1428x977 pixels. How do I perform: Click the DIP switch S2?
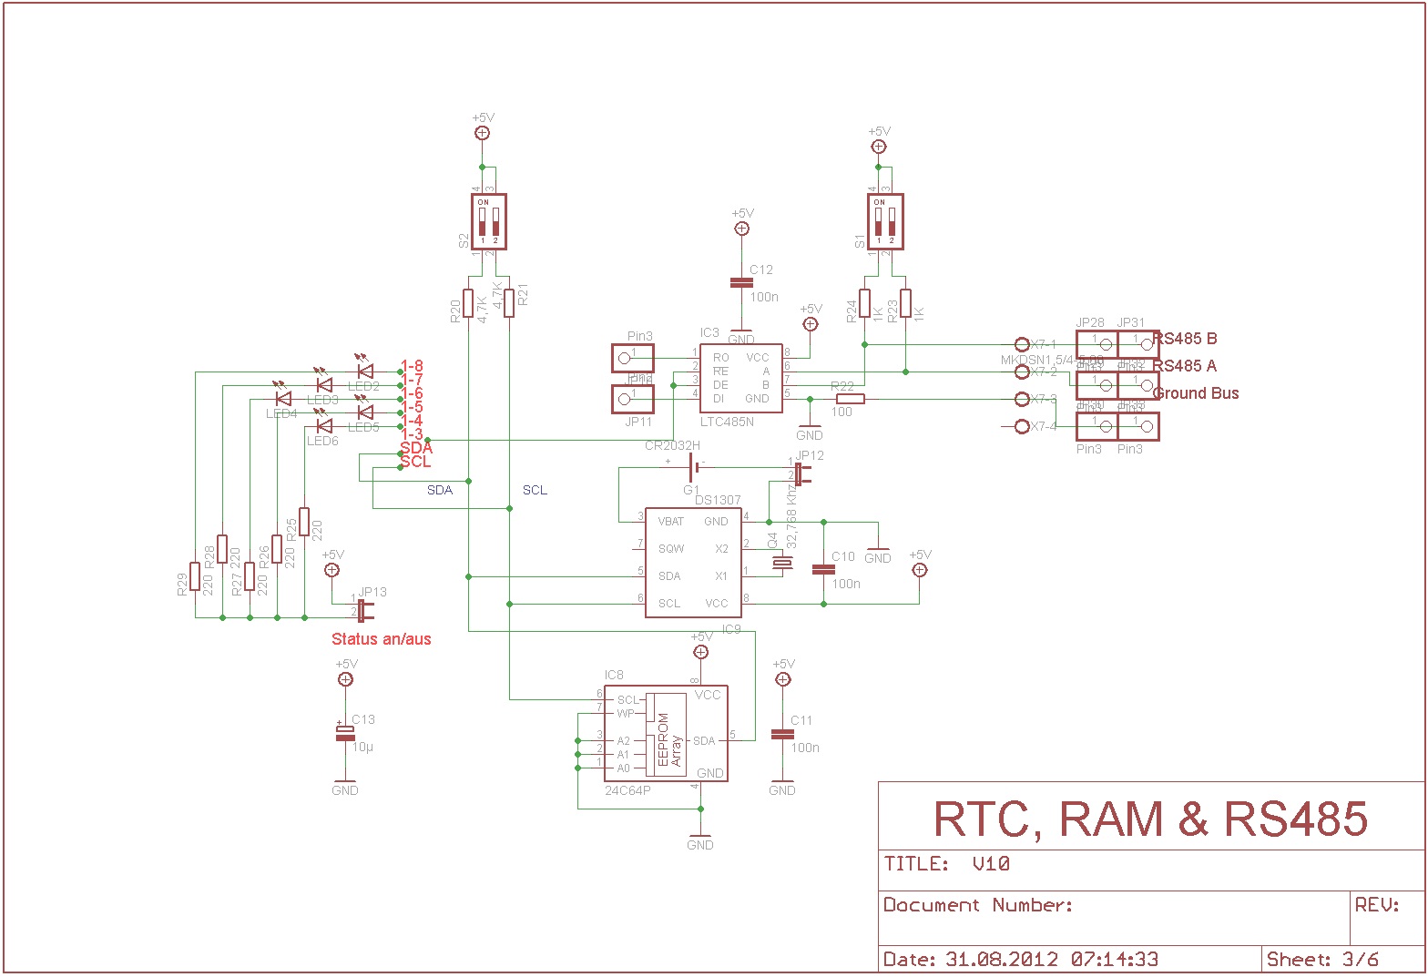tap(489, 221)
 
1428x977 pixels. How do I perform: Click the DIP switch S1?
tap(884, 221)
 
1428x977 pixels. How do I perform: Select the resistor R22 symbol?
tap(850, 399)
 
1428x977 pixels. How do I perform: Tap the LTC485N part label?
tap(728, 422)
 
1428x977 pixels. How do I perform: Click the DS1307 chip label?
tap(718, 500)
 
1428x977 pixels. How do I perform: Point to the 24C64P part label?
tap(627, 790)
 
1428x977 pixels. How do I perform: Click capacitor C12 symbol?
tap(742, 283)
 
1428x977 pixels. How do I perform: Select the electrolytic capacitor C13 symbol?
tap(345, 732)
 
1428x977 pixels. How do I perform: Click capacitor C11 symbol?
tap(782, 734)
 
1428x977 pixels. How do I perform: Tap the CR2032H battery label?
tap(672, 445)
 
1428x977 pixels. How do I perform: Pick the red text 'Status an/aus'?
tap(381, 639)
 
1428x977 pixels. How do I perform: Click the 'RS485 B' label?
tap(1185, 339)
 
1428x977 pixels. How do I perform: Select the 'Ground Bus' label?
tap(1196, 393)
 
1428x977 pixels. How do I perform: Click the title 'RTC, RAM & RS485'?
tap(1151, 819)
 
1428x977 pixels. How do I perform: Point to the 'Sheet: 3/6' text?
tap(1322, 959)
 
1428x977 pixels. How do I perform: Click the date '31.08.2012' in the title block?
tap(1002, 959)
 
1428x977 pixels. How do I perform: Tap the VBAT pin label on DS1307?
tap(671, 522)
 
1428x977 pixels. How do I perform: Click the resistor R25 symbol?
tap(304, 524)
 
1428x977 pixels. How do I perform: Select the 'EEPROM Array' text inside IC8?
tap(669, 741)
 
